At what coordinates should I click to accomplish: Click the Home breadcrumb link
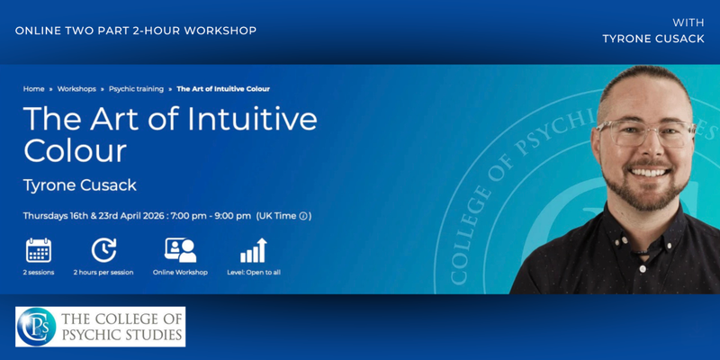tap(33, 89)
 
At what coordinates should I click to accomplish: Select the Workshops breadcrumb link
tap(76, 89)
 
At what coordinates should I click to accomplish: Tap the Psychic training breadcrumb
tap(135, 89)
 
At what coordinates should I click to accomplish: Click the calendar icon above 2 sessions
tap(39, 250)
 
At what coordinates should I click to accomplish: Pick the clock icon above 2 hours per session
tap(103, 250)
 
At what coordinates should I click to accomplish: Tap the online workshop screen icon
tap(180, 250)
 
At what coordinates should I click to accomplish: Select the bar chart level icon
tap(253, 250)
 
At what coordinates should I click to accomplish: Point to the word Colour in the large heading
tap(75, 149)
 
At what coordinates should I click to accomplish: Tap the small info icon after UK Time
tap(303, 216)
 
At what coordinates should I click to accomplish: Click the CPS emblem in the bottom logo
tap(37, 326)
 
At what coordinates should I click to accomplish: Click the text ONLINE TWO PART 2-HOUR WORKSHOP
tap(136, 31)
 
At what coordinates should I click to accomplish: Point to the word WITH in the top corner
tap(688, 21)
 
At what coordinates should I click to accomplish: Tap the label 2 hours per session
tap(103, 272)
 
